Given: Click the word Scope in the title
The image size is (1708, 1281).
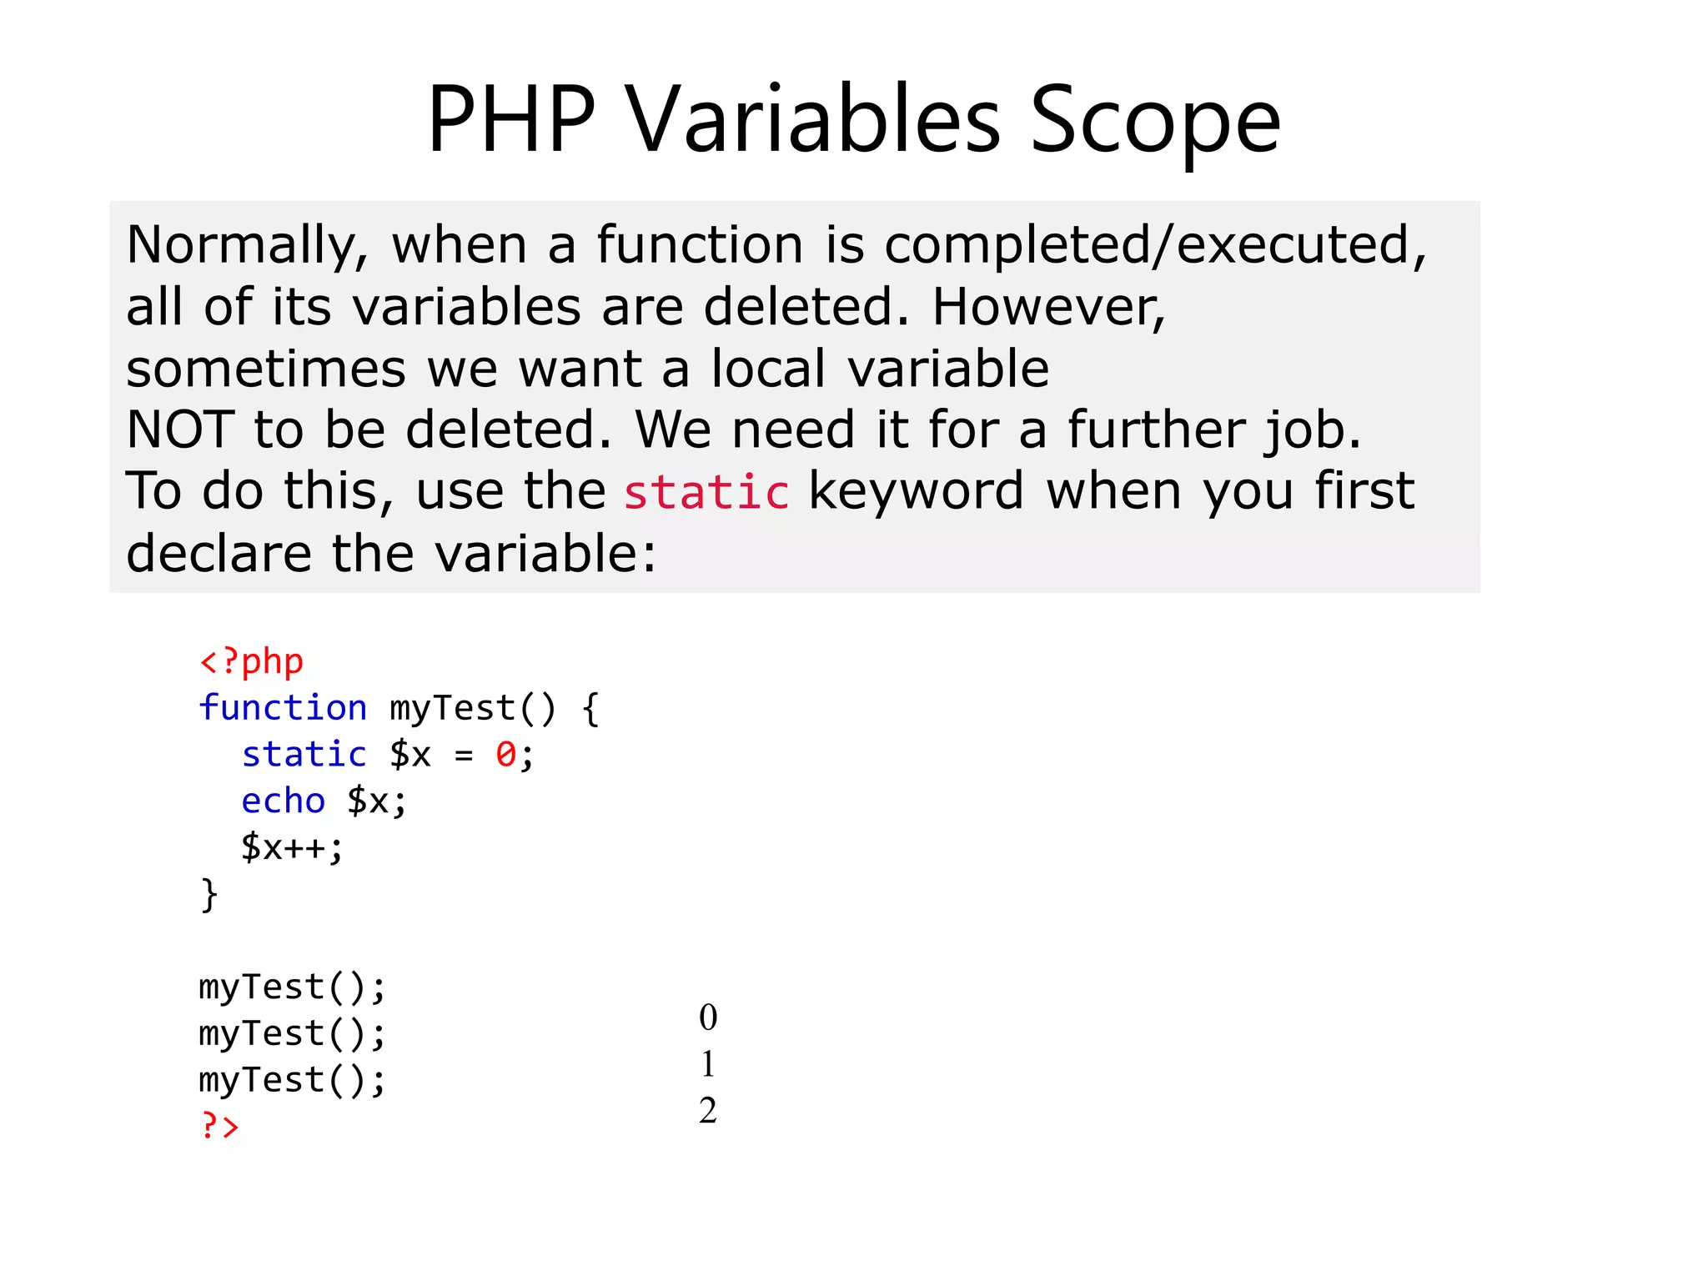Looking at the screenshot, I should pos(1155,121).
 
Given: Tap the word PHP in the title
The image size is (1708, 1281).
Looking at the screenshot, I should pos(511,121).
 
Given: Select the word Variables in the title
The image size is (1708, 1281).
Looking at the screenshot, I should pos(813,121).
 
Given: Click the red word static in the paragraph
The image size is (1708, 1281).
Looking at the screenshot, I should pos(706,492).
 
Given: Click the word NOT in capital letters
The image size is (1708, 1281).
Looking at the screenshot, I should pos(180,430).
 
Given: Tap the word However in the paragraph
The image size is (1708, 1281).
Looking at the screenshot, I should pos(1048,308).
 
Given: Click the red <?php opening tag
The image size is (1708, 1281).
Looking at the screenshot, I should pos(251,662).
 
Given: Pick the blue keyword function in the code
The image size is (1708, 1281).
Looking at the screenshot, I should pos(283,708).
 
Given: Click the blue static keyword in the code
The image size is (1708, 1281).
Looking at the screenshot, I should pos(304,755).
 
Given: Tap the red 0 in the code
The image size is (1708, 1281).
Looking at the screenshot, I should pos(505,755).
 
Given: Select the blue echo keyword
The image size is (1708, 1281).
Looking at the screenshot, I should pos(283,801).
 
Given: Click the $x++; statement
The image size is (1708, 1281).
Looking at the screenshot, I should pos(292,848).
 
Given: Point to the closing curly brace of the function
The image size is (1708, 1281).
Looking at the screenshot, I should pos(208,895).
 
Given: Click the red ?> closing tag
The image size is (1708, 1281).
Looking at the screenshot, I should pos(219,1127).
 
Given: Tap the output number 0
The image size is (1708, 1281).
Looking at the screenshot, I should pos(708,1017).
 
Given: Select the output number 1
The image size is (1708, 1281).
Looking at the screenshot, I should pos(708,1064).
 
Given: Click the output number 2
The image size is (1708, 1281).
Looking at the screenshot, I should pos(708,1111).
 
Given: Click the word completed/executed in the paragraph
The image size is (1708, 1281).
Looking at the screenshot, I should pos(1155,247).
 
